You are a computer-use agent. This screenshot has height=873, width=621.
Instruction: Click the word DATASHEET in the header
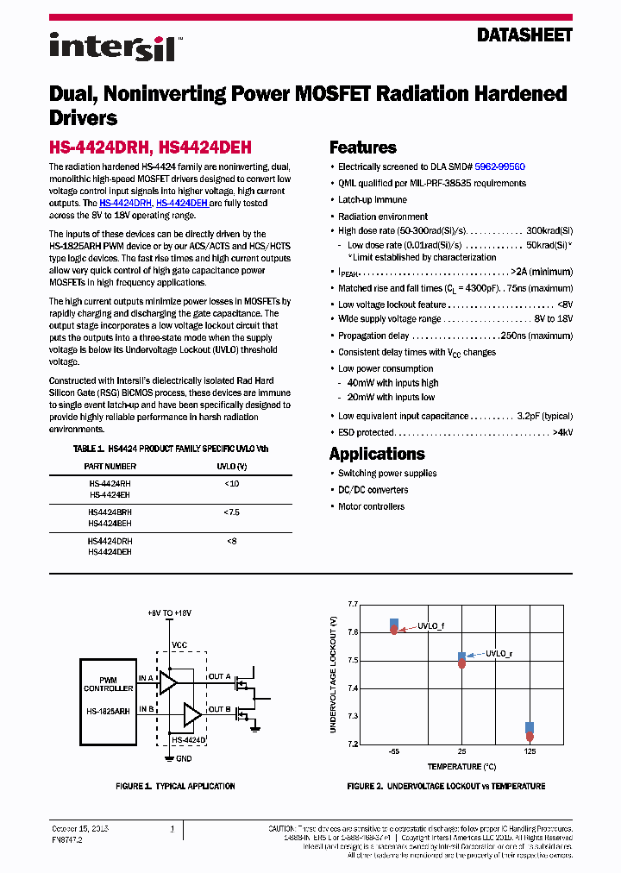tap(524, 36)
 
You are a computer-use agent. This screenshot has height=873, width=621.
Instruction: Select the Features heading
tap(363, 148)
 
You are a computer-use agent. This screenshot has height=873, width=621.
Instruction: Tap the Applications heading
tap(377, 454)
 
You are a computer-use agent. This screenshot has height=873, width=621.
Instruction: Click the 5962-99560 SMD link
tap(499, 166)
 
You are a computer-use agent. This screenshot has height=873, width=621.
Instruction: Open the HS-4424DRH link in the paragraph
tap(125, 203)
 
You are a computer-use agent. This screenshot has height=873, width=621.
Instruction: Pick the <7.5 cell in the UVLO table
tap(231, 512)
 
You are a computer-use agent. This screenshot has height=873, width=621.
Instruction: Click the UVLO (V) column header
tap(231, 466)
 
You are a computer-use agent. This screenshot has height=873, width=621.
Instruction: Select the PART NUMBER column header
tap(110, 466)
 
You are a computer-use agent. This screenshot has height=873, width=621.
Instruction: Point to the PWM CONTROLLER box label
tap(109, 685)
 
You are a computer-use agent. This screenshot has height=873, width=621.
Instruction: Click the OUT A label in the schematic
tap(220, 676)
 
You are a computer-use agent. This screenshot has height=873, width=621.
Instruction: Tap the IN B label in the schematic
tap(146, 709)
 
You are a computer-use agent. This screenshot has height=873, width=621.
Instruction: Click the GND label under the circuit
tap(183, 759)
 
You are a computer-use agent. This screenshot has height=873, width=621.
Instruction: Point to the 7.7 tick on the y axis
tap(352, 605)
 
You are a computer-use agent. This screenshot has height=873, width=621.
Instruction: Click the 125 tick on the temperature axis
tap(530, 752)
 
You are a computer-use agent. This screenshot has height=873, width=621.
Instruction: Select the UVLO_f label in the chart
tap(431, 625)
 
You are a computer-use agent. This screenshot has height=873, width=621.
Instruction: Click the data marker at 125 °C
tap(530, 732)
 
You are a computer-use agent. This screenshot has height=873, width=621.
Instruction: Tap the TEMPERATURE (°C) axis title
tap(461, 766)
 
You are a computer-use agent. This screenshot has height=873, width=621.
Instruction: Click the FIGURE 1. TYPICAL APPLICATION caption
tap(175, 786)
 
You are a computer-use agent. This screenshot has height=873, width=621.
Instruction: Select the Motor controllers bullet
tap(371, 506)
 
